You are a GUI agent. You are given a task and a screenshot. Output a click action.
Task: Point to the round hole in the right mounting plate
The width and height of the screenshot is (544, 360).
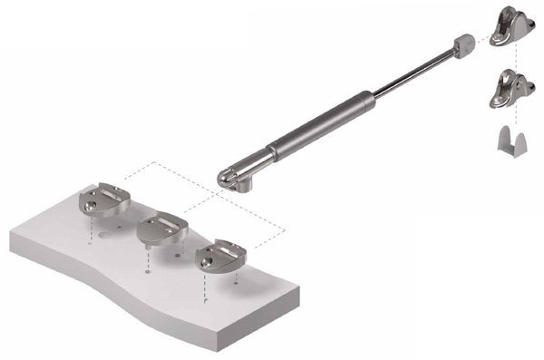(x=208, y=263)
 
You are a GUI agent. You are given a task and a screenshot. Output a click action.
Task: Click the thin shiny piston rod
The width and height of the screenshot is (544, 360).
(x=408, y=67)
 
